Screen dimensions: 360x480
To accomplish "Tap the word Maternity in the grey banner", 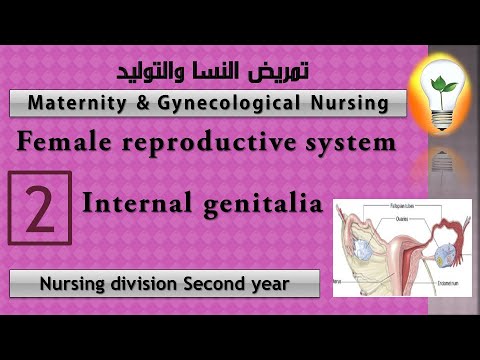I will click(75, 103).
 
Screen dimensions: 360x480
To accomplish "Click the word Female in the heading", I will click(59, 143).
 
